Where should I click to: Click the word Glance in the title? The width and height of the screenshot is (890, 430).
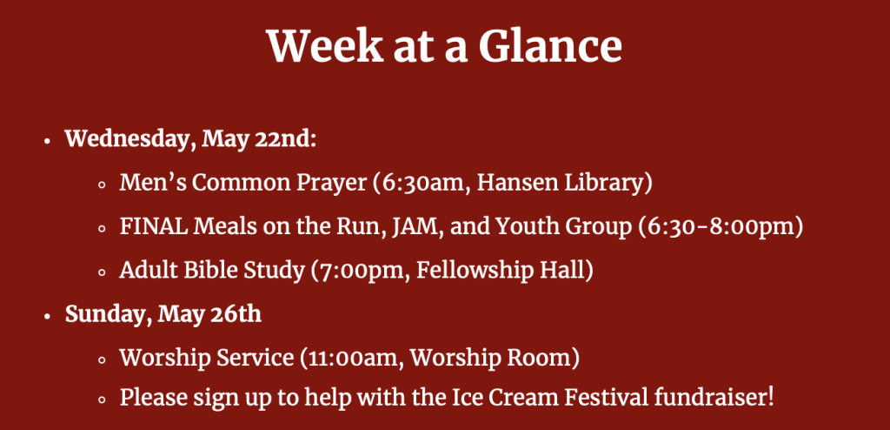pyautogui.click(x=550, y=47)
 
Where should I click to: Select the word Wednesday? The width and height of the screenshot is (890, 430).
pyautogui.click(x=126, y=140)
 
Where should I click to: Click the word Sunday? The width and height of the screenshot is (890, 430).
pyautogui.click(x=108, y=314)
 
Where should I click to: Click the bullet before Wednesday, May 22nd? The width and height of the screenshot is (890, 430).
pyautogui.click(x=49, y=140)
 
